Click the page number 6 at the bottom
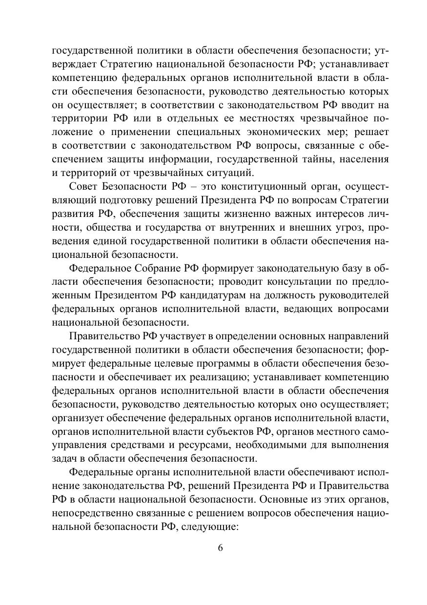point(220,547)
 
